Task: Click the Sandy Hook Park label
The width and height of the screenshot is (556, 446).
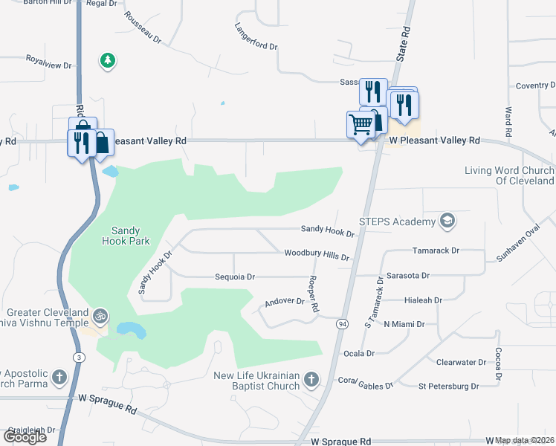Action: click(126, 236)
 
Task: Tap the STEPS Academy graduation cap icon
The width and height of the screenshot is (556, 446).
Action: click(447, 222)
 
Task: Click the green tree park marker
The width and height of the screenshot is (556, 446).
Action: click(108, 59)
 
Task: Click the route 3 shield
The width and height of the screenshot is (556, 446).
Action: click(78, 358)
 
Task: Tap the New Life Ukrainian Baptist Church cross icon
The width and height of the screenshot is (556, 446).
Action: click(311, 381)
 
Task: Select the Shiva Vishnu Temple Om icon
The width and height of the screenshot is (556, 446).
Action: click(100, 317)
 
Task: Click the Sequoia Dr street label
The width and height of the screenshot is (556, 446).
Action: click(235, 277)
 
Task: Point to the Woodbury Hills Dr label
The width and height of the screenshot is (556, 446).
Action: click(317, 255)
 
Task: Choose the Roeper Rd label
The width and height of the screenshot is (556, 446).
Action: click(314, 294)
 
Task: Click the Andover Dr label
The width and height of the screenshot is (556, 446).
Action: click(285, 302)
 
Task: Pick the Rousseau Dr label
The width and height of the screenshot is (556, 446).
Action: click(143, 28)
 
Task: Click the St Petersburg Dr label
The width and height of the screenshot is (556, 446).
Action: click(448, 387)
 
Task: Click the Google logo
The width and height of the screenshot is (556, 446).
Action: click(25, 437)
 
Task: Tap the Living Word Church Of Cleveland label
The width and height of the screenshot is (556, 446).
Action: click(509, 175)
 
